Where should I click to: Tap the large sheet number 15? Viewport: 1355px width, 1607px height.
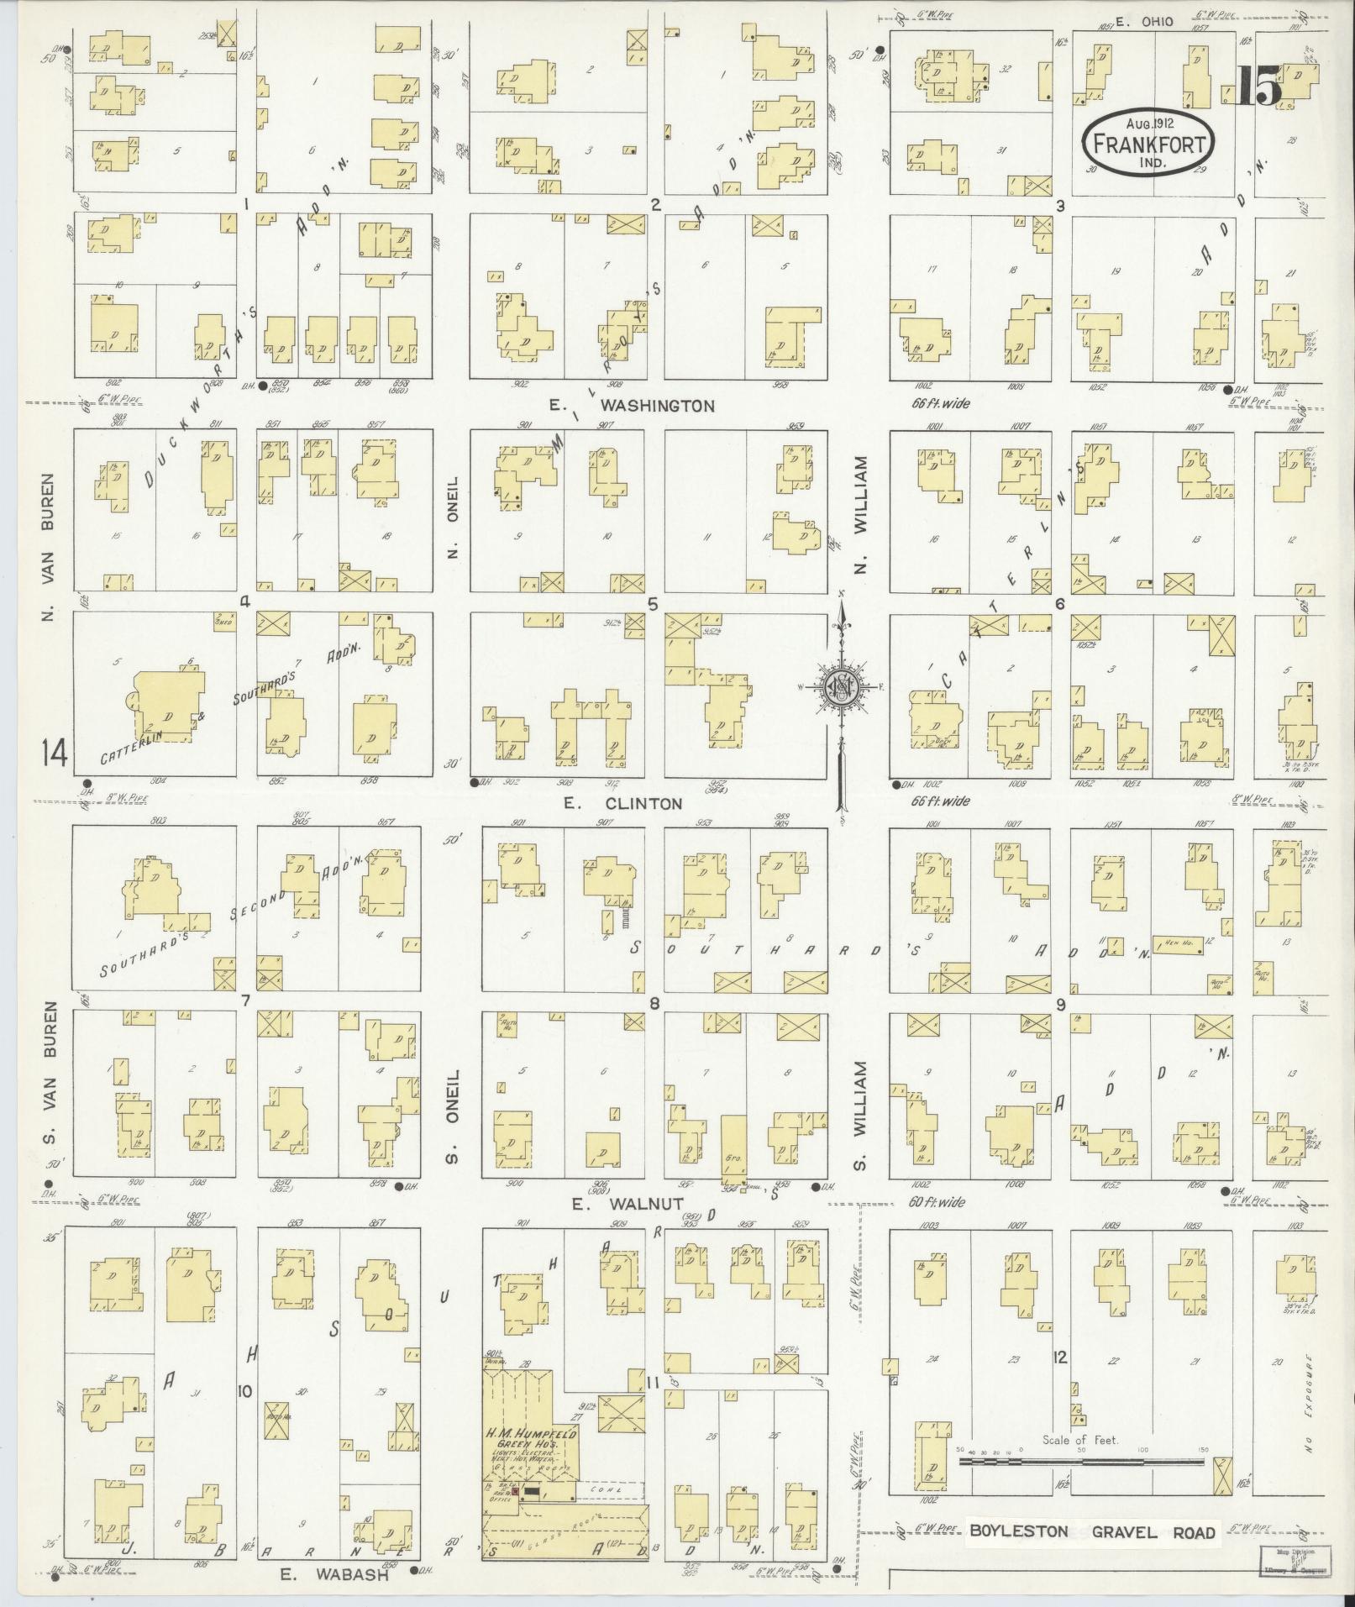(1259, 86)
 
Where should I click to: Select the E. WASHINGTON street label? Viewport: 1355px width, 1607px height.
(632, 406)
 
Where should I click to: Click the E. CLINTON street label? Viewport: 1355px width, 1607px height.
(622, 803)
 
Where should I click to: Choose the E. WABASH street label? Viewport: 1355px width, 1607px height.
(333, 1575)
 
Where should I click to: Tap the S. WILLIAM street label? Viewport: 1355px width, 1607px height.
(860, 1114)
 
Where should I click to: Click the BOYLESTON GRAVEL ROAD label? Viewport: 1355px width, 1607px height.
(1092, 1531)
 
